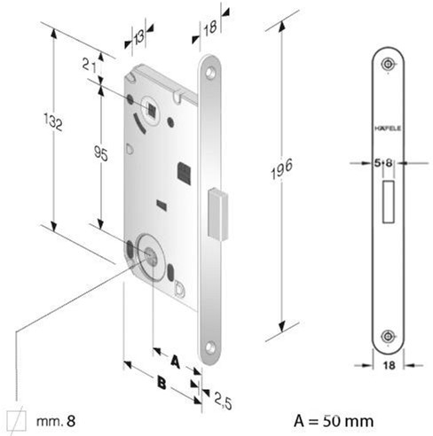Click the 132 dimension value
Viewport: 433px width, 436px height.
tap(53, 121)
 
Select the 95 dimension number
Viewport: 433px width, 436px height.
tap(101, 153)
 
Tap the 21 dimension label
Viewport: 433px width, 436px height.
tap(89, 65)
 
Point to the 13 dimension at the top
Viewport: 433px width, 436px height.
tap(138, 37)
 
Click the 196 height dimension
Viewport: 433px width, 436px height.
tap(282, 168)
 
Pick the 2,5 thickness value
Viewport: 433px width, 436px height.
tap(223, 401)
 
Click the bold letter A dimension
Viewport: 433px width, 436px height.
tap(176, 362)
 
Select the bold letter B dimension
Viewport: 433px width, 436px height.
tap(161, 383)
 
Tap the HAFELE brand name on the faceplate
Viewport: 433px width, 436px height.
tap(388, 128)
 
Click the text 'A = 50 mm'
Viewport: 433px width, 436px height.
tap(334, 421)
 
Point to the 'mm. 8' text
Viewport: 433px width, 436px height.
tap(56, 420)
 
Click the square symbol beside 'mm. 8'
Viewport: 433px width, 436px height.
tap(16, 420)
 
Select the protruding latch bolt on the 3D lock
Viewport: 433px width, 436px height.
tap(218, 214)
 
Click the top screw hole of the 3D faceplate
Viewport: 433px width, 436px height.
tap(210, 73)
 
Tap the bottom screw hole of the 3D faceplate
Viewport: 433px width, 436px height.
tap(210, 347)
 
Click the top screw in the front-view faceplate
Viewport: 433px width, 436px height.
tap(388, 64)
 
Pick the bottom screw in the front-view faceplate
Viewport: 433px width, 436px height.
tap(388, 336)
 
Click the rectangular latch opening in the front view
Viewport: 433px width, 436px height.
tap(389, 201)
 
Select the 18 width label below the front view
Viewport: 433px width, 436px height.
tap(390, 365)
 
